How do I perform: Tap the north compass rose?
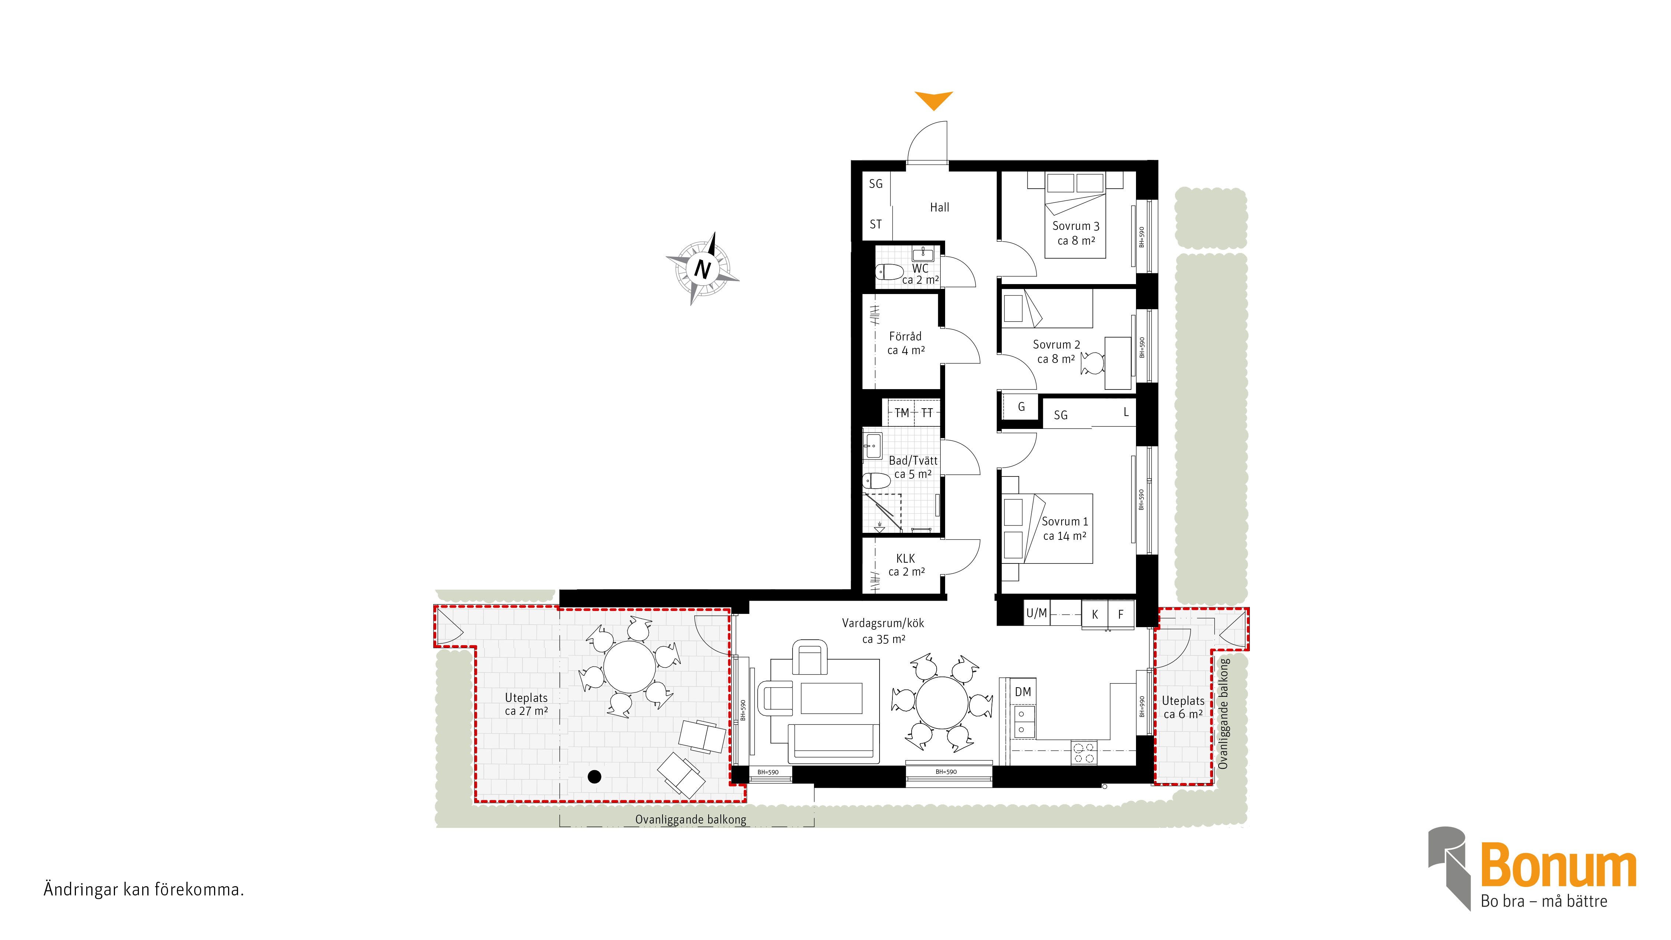pos(703,268)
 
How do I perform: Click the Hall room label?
pos(939,207)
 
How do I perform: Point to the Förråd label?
pos(905,336)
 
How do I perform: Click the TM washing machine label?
pos(902,413)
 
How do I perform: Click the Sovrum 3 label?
pos(1076,226)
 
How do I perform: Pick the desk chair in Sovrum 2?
pos(1093,363)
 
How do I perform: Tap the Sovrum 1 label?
pos(1065,521)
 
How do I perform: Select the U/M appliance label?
pos(1036,613)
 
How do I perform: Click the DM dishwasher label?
pos(1023,692)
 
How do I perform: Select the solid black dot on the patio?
pos(594,776)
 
